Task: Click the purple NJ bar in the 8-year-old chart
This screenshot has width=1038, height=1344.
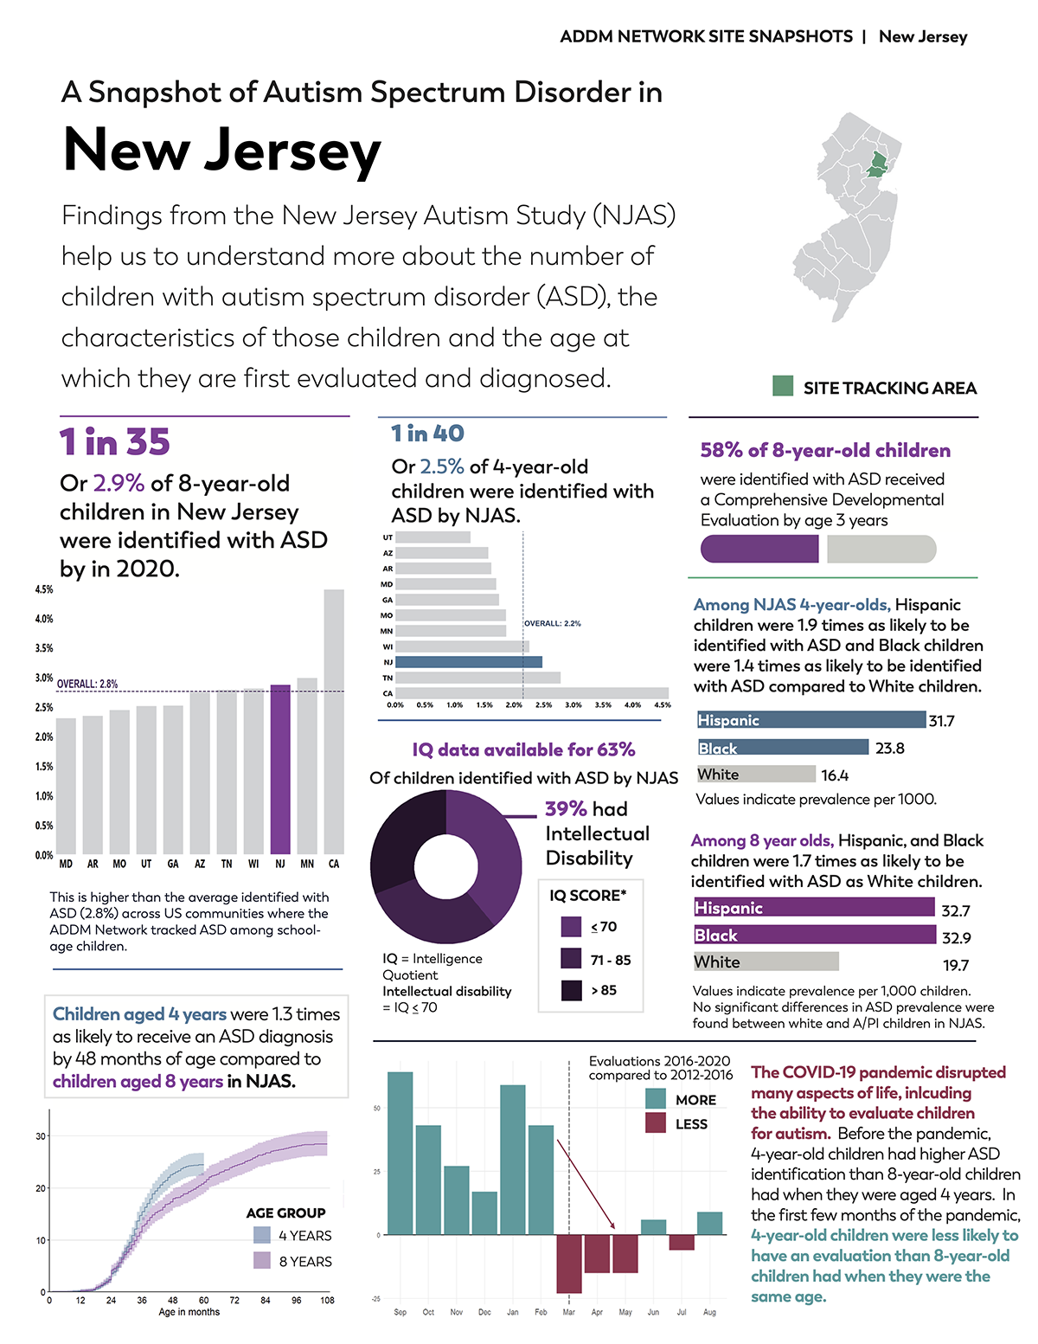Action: (x=280, y=769)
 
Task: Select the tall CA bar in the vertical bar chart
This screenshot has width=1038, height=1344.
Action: (x=334, y=722)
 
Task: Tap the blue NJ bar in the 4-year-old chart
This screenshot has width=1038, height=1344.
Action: (x=468, y=662)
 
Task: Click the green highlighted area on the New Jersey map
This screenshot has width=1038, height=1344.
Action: (x=878, y=164)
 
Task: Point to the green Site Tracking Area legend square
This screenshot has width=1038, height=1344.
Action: (x=783, y=386)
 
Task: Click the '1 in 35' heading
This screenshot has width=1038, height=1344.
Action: (x=115, y=442)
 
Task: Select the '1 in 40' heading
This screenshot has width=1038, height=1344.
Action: (x=427, y=434)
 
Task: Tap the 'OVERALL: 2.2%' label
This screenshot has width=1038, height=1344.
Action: (x=553, y=623)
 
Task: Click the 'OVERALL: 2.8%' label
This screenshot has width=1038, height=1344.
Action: (x=87, y=684)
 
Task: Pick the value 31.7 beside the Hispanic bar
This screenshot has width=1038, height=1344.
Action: (x=941, y=721)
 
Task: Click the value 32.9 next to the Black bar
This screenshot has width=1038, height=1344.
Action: (x=956, y=938)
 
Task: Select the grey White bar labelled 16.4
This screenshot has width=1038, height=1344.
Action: (x=756, y=775)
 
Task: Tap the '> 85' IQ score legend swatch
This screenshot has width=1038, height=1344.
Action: (x=571, y=991)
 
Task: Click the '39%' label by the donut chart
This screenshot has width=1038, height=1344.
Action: (x=566, y=809)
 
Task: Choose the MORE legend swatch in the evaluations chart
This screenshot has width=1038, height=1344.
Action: (x=656, y=1099)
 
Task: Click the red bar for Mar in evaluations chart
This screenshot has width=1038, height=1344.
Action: (x=569, y=1264)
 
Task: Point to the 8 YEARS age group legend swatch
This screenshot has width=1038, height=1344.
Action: (x=262, y=1261)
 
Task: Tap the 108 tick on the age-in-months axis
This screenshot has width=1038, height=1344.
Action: (x=327, y=1300)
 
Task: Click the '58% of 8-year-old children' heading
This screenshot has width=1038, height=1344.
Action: (x=825, y=451)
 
